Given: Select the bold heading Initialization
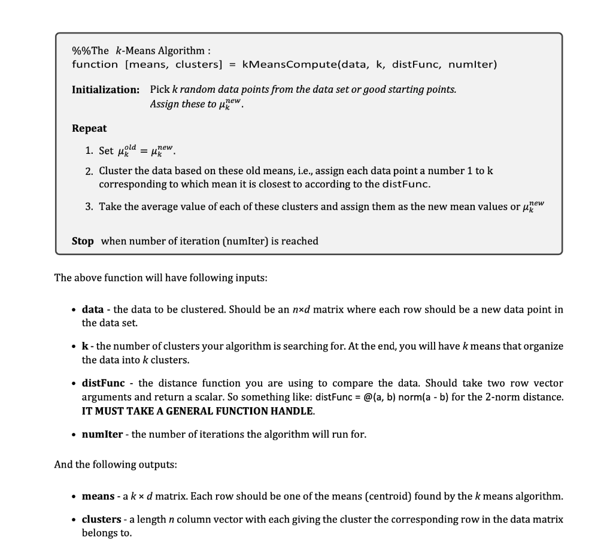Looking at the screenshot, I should point(105,90).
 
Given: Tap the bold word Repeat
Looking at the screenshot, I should point(89,128).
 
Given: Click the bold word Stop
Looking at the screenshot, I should point(83,241).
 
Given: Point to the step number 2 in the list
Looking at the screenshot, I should point(88,171).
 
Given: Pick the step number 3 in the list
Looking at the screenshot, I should point(88,207).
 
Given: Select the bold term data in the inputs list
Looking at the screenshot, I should point(92,310).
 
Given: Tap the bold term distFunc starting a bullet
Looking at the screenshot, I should point(103,383).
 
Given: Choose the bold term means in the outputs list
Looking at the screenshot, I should point(98,496).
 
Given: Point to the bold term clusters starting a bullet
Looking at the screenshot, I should point(102,520).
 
